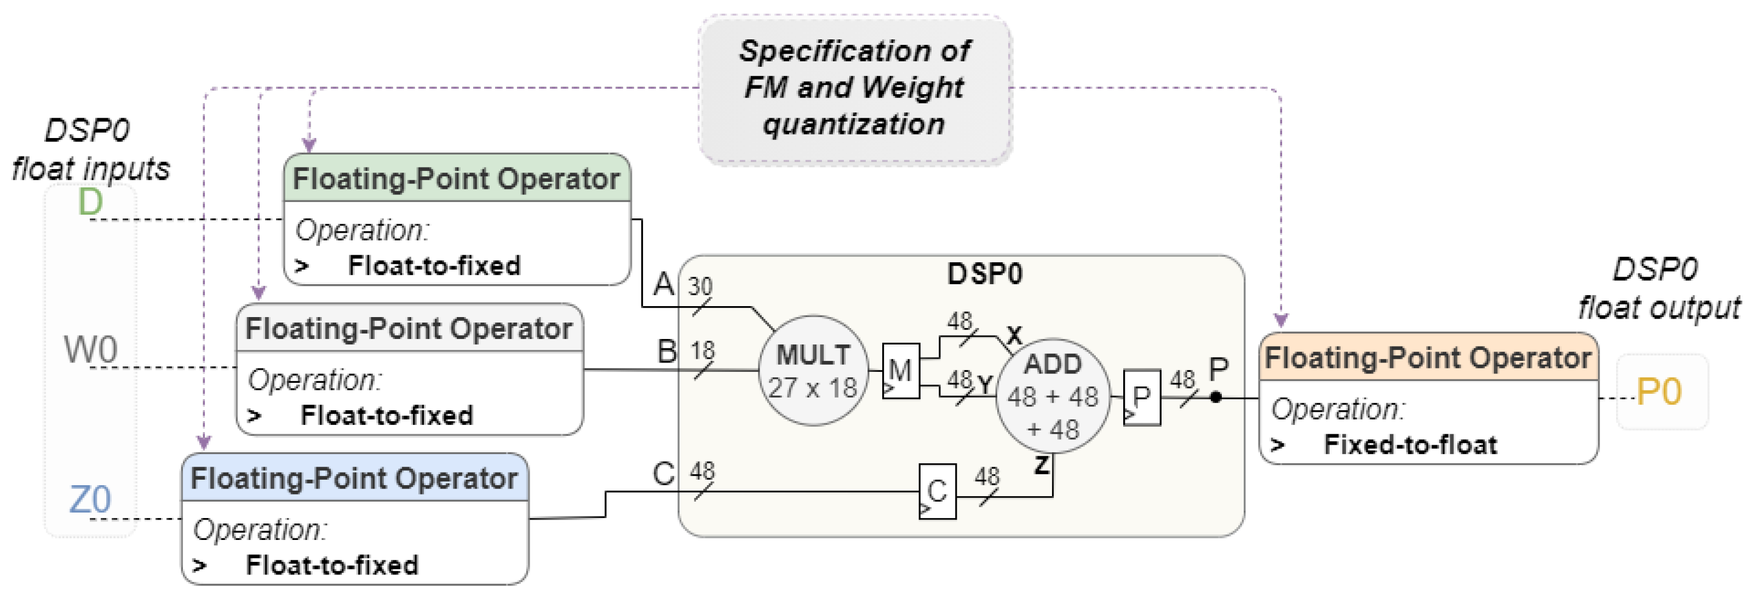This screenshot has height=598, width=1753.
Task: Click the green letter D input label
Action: pos(90,202)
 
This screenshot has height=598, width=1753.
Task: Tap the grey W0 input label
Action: pos(90,350)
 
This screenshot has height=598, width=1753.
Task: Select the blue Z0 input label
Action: pos(90,500)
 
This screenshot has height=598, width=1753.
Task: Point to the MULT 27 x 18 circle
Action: pos(813,371)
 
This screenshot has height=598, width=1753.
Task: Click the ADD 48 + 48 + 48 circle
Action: pos(1052,396)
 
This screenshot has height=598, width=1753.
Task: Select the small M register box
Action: pos(900,371)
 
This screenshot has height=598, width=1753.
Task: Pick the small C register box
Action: pos(937,491)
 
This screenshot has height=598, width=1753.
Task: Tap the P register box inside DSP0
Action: pos(1141,398)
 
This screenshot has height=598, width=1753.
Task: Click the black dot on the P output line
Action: pos(1216,396)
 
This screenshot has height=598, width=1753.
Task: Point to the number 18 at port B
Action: pos(702,351)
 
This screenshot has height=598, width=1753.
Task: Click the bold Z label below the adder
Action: pos(1041,466)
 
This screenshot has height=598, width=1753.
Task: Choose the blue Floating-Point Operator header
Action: pos(354,478)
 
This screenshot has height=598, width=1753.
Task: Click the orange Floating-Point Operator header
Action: pos(1428,358)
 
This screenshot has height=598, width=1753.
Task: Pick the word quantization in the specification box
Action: pos(853,124)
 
